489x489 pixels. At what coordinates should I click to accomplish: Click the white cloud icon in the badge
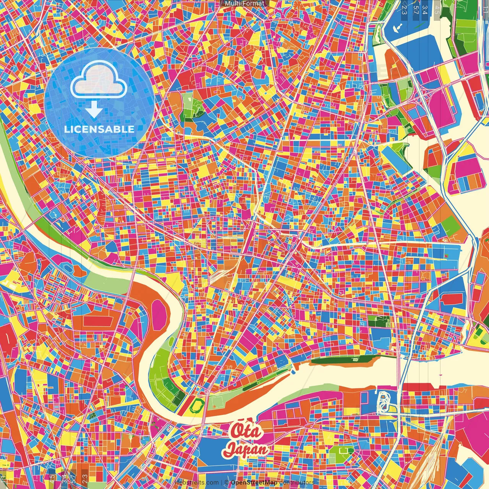[x=99, y=81]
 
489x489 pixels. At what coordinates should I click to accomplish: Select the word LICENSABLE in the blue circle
[x=99, y=129]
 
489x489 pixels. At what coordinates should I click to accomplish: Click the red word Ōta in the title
[x=246, y=431]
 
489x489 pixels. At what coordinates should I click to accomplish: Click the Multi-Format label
[x=244, y=3]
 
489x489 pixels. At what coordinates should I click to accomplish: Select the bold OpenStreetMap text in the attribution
[x=254, y=483]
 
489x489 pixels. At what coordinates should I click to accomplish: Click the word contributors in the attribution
[x=296, y=483]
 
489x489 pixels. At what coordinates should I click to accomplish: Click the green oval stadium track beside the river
[x=198, y=404]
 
